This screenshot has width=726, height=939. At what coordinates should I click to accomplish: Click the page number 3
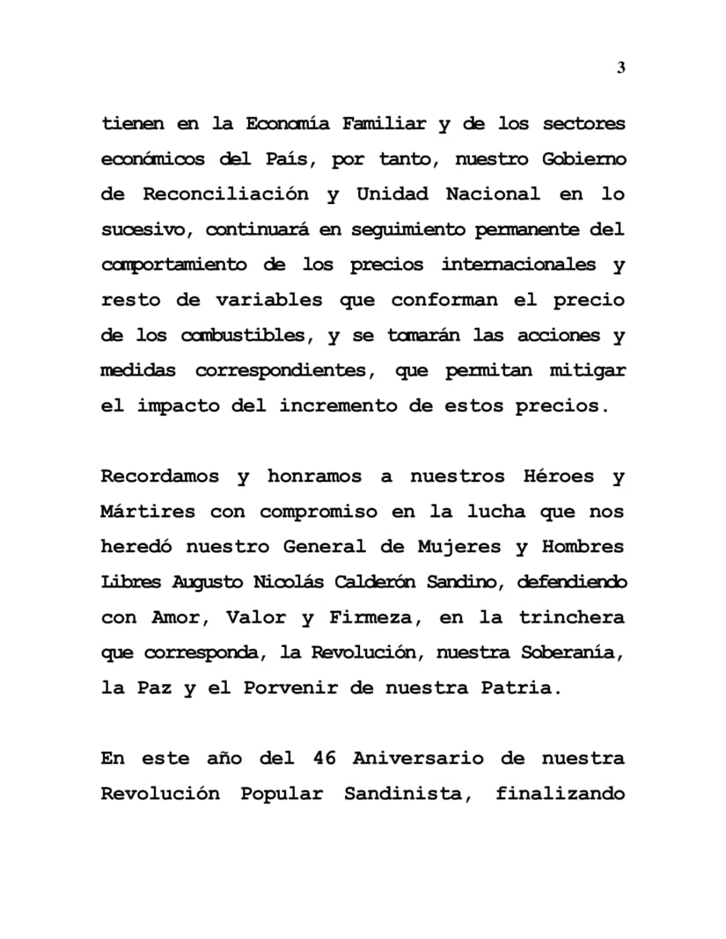tap(620, 69)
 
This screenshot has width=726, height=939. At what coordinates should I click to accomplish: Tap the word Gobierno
tap(582, 159)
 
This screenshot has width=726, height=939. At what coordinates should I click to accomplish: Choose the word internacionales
tap(518, 265)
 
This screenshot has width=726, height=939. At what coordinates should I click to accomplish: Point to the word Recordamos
tap(161, 477)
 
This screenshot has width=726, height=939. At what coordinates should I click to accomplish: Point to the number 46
tap(325, 759)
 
